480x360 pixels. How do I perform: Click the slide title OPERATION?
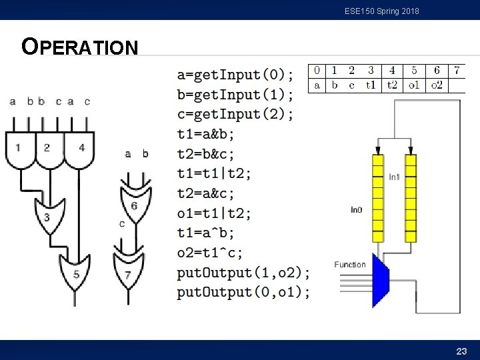80,47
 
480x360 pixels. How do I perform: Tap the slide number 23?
461,351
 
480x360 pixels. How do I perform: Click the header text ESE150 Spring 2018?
382,11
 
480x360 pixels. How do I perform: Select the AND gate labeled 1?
19,148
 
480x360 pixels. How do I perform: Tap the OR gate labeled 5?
76,273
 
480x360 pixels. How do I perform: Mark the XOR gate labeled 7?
128,274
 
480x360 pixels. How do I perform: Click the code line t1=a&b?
205,134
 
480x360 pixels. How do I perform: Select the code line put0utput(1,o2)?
243,273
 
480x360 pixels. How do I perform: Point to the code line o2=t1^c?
210,253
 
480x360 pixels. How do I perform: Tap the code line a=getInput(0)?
235,74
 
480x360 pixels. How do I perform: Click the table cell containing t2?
392,85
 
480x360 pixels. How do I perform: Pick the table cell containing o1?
414,85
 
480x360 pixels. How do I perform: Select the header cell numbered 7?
457,70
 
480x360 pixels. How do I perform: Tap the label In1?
395,177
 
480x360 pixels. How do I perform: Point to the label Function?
350,265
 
